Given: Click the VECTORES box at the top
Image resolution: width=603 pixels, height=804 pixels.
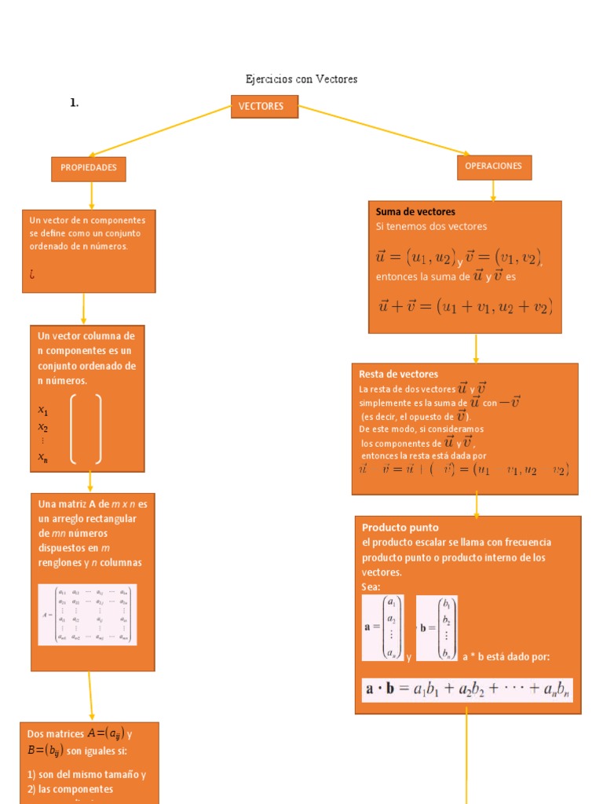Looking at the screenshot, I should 264,107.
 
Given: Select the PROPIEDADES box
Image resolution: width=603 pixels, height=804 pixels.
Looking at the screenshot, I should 89,168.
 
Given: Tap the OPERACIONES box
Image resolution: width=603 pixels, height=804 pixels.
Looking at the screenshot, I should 493,166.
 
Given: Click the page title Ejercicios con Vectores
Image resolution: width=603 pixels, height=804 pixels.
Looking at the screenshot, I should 301,79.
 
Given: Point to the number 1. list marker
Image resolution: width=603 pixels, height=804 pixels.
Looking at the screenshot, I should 74,103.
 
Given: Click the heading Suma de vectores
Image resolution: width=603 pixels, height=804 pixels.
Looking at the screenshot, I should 415,212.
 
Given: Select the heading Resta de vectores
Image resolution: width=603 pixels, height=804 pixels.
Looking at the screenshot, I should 398,375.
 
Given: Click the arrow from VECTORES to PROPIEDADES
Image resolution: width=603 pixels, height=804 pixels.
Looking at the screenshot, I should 161,131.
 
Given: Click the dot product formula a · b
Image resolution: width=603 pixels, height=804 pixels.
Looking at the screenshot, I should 467,690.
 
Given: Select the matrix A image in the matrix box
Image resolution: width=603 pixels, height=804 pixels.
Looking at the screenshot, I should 87,614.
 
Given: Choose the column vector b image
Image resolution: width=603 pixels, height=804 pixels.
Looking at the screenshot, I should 437,627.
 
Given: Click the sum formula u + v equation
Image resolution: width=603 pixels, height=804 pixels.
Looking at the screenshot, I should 466,307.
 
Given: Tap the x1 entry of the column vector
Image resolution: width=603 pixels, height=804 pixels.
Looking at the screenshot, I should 43,411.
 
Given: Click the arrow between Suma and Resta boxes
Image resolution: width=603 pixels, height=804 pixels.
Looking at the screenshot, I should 476,348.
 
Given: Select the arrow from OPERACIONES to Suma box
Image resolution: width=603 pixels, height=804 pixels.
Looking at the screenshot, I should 493,190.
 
